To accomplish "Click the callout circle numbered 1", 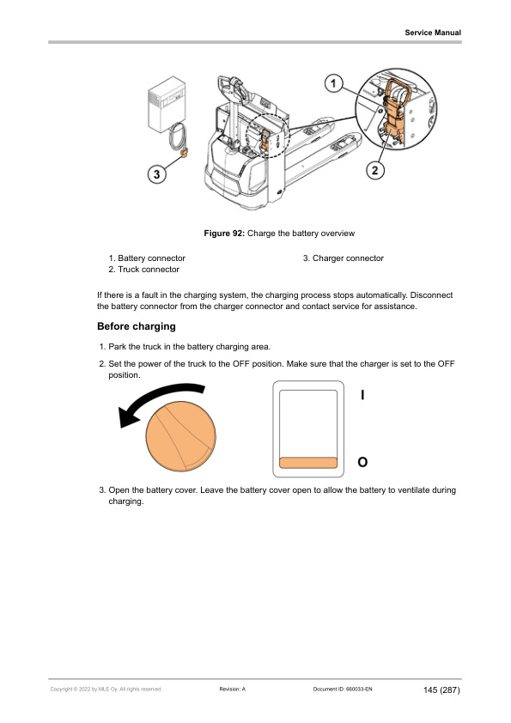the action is [x=333, y=83].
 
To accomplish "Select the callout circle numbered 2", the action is [x=374, y=170].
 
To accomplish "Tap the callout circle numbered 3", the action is [x=156, y=173].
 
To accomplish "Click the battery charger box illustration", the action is [x=167, y=104].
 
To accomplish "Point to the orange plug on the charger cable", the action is [x=184, y=153].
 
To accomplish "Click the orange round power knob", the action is [x=181, y=436].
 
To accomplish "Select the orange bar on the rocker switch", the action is [x=308, y=463].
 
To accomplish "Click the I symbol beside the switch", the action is [x=362, y=395].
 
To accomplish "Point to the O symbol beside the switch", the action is [x=362, y=462].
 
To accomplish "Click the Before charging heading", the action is [x=137, y=326].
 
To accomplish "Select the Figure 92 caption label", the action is [x=224, y=234].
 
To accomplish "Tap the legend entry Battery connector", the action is [x=147, y=258].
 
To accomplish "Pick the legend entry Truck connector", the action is [x=144, y=270].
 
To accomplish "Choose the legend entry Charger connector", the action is [x=344, y=258].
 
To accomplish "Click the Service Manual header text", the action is [x=433, y=33].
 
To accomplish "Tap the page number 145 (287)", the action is [x=441, y=690].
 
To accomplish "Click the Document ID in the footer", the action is [x=342, y=690].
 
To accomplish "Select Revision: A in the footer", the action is [x=233, y=690].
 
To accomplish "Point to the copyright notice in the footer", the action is [x=106, y=690].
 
